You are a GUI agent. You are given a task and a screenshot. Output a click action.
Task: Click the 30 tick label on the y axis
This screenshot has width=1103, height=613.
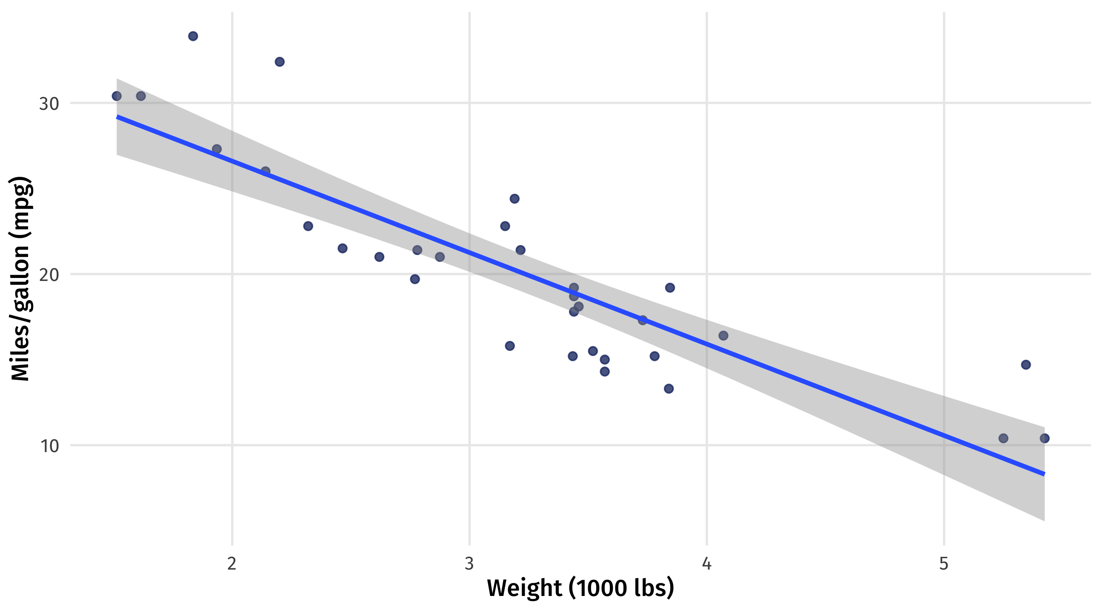[49, 104]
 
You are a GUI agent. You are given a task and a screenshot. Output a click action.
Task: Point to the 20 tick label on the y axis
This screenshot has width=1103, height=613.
[49, 275]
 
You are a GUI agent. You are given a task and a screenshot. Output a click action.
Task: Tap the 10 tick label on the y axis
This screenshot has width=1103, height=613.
[50, 446]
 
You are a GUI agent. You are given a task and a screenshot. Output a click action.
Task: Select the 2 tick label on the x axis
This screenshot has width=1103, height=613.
[231, 563]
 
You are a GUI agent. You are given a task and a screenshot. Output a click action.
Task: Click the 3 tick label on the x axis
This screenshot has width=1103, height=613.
[469, 563]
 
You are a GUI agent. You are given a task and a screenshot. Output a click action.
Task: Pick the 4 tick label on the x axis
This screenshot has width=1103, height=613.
[706, 563]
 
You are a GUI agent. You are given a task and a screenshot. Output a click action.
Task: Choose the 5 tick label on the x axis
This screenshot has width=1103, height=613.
[944, 563]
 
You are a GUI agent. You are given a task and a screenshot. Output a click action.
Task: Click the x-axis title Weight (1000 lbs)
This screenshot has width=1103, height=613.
[580, 588]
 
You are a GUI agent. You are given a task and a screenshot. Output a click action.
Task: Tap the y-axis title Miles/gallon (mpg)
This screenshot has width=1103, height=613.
[20, 278]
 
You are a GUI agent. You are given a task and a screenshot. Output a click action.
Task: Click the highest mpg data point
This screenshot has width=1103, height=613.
[193, 36]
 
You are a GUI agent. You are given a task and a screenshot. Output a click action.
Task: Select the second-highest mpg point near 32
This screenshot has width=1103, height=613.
[280, 62]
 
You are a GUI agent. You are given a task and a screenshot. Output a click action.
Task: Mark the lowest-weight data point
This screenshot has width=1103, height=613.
[117, 96]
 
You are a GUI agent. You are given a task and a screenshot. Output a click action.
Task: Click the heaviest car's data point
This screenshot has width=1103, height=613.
[1045, 438]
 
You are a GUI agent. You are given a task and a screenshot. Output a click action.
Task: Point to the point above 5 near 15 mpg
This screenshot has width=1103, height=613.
[1026, 364]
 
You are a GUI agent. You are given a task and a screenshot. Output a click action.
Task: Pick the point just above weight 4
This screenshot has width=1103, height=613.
[723, 335]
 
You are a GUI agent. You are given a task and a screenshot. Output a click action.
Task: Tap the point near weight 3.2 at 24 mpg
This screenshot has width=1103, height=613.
[514, 198]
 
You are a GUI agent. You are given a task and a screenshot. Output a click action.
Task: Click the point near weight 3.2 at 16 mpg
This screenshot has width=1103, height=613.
[509, 346]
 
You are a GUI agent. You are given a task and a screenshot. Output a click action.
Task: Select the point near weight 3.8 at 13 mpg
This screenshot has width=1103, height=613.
[669, 389]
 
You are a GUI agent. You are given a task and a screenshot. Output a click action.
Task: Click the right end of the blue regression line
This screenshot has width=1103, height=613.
[1044, 474]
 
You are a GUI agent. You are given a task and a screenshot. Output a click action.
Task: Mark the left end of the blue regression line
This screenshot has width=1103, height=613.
[117, 117]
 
